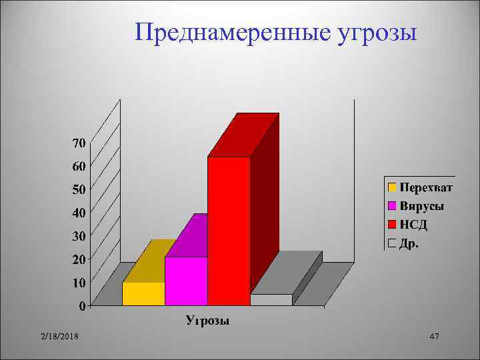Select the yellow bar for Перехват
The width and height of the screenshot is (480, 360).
click(143, 293)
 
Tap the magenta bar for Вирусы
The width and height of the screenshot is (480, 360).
click(186, 281)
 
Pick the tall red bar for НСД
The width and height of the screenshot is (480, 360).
click(229, 231)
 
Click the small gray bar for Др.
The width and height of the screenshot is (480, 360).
click(271, 299)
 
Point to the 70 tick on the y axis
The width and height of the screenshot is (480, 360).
click(78, 143)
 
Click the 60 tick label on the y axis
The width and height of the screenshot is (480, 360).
click(78, 166)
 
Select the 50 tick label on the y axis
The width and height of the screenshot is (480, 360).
click(78, 189)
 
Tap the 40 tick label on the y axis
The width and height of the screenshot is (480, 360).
click(78, 213)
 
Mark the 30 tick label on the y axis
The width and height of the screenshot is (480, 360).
click(78, 236)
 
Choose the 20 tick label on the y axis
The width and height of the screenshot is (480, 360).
click(78, 259)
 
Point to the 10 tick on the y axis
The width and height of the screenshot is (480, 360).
click(78, 283)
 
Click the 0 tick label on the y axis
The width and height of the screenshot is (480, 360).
click(81, 307)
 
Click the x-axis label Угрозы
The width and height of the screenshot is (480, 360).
click(207, 321)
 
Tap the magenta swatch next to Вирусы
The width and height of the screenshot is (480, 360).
click(393, 205)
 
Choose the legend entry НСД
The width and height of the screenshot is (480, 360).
click(413, 225)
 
